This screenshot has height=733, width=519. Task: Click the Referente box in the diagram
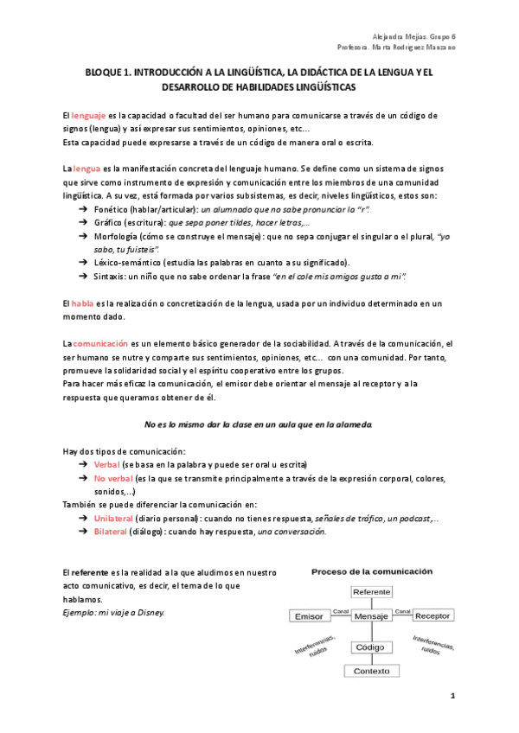coord(371,591)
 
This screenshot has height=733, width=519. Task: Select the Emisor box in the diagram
coord(308,616)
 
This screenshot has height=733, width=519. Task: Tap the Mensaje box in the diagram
coord(371,616)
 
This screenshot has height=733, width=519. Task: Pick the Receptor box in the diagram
coord(432,616)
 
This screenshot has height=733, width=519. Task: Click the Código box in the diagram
coord(371,647)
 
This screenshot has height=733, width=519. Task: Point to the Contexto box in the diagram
coord(371,671)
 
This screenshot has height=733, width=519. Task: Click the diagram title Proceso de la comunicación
coord(372,571)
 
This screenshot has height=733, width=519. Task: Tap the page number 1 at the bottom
coord(452,696)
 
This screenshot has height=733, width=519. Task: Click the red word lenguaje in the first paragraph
coord(88,115)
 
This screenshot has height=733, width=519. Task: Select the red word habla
coord(82,303)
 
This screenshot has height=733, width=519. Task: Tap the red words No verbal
coord(112,478)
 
